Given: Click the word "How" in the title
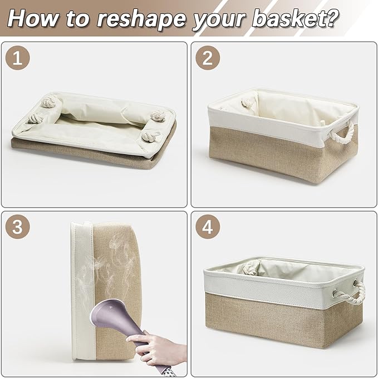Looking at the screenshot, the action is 33,18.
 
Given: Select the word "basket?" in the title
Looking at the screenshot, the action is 295,18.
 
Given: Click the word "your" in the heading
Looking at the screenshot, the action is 219,21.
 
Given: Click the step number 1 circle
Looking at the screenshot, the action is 18,58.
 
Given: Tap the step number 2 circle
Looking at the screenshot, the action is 208,58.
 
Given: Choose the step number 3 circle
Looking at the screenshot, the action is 18,227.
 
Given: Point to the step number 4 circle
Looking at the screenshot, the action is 208,227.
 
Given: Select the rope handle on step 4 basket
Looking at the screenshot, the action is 352,293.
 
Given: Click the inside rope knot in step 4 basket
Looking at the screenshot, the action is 250,269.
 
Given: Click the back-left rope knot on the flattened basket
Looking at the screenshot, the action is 49,101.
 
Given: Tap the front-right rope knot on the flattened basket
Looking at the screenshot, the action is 150,136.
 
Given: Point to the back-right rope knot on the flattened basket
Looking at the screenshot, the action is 158,116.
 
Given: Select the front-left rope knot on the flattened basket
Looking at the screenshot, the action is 35,119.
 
